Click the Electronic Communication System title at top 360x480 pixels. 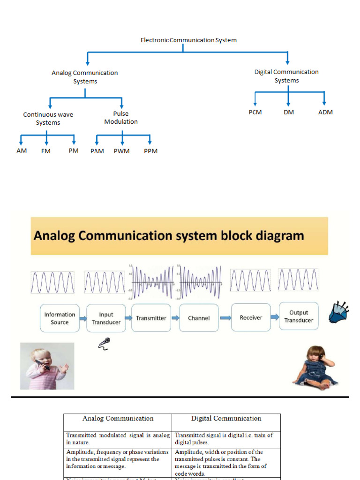188,40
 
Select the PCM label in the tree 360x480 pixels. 255,112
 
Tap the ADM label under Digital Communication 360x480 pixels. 325,112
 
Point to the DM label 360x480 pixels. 289,112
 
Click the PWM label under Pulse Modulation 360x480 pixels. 121,151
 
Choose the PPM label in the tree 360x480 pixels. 150,151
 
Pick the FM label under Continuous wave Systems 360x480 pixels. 45,151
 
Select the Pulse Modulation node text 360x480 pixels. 121,118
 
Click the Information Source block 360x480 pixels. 60,318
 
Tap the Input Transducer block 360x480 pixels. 106,318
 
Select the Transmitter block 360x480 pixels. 151,318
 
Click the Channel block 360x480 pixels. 199,318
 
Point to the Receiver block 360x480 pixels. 251,317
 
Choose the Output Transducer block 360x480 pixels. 299,316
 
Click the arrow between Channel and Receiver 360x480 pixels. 225,318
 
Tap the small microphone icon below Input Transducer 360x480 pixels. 104,344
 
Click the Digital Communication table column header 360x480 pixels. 226,419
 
